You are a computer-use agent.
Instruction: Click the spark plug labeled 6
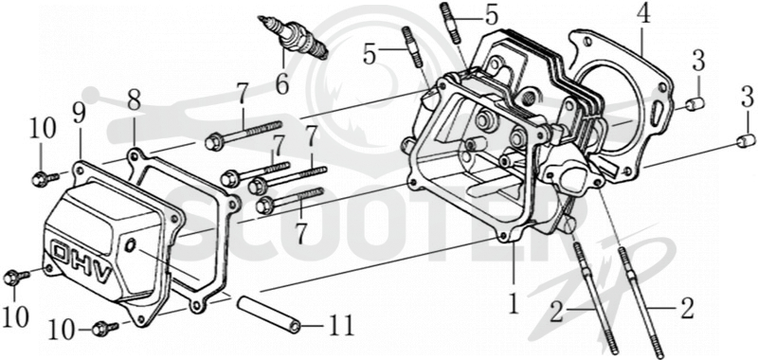point(294,38)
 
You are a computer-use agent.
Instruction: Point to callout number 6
point(282,83)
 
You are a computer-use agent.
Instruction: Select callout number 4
point(642,16)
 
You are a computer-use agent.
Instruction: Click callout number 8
point(134,100)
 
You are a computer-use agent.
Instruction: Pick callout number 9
point(79,114)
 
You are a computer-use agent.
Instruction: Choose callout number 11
point(341,325)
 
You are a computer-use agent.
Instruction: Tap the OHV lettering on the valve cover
point(82,263)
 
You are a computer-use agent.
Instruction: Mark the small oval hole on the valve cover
point(130,246)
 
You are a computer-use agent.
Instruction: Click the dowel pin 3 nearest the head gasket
point(695,103)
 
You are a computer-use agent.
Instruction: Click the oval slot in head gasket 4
point(658,113)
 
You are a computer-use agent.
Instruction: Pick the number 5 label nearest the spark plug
point(370,54)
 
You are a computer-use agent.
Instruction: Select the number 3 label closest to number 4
point(697,62)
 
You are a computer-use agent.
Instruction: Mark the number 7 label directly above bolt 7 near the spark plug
point(243,94)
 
